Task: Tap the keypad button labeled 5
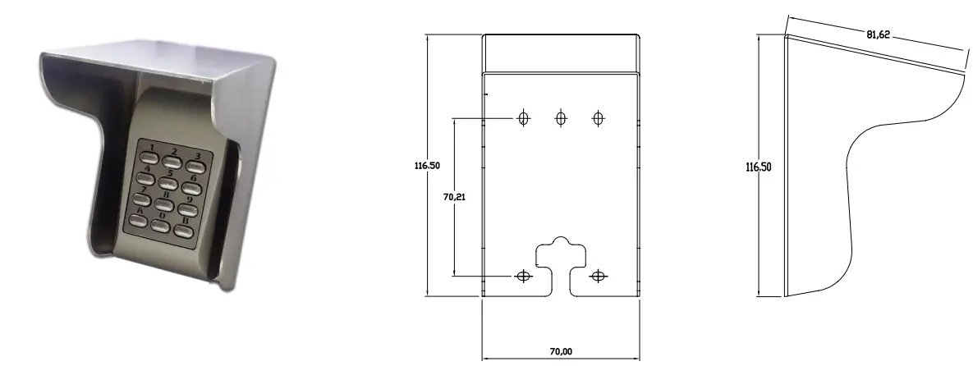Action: pyautogui.click(x=170, y=183)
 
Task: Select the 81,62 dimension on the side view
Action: pyautogui.click(x=878, y=35)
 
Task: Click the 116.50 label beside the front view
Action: pyautogui.click(x=426, y=165)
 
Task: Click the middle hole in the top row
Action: pyautogui.click(x=561, y=118)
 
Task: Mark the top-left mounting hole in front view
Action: pyautogui.click(x=522, y=118)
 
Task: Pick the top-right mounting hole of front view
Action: pyautogui.click(x=599, y=118)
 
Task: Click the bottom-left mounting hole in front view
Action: pyautogui.click(x=522, y=277)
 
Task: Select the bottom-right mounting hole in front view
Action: pyautogui.click(x=598, y=277)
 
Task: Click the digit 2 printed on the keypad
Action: pyautogui.click(x=174, y=150)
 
